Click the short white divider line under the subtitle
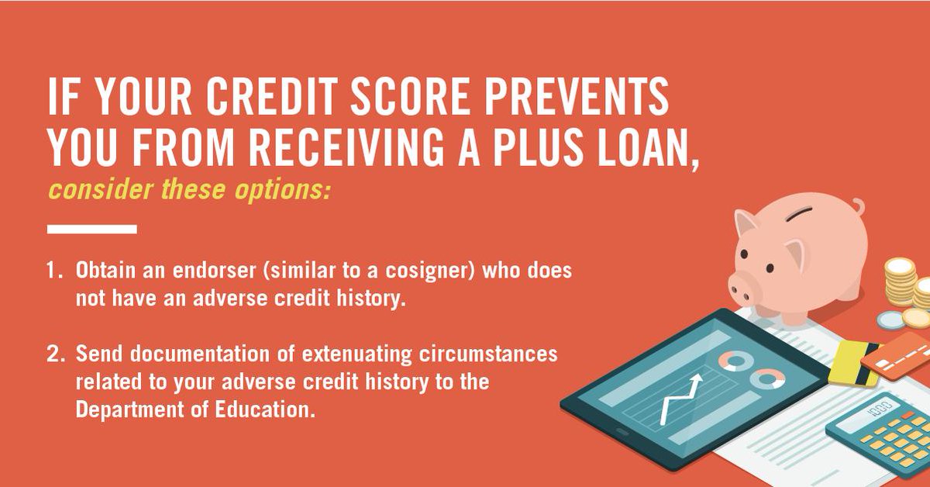click(91, 230)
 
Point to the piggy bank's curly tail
click(856, 207)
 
